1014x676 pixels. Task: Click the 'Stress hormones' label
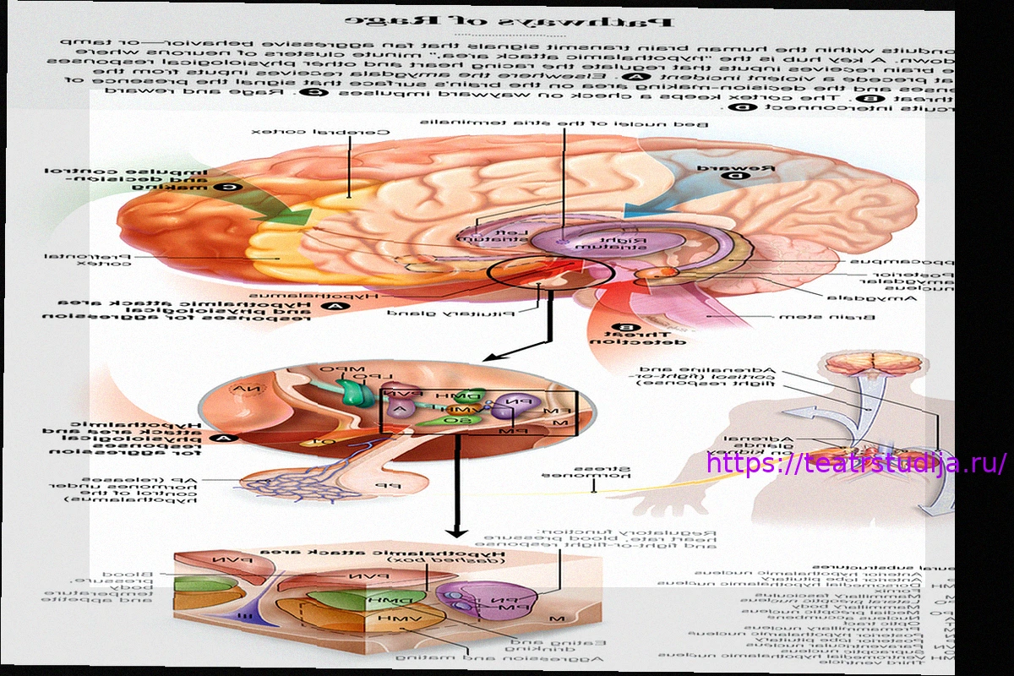(591, 472)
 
